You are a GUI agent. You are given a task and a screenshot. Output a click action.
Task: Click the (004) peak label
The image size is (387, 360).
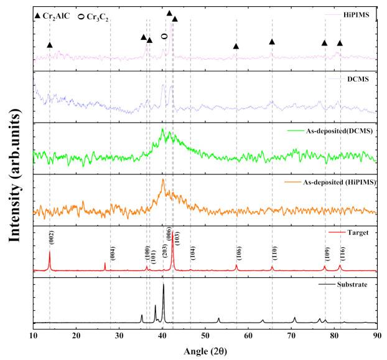[113, 252]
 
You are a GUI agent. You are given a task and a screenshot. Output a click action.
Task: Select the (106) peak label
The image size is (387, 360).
[239, 253]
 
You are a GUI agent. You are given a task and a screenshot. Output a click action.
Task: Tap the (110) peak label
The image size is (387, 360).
[274, 253]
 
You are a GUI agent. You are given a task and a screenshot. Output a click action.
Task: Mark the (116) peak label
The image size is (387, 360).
[342, 253]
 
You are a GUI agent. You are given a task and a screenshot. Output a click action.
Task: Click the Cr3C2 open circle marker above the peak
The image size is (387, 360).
[164, 37]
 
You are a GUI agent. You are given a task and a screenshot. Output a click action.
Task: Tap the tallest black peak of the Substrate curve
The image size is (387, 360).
[164, 285]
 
